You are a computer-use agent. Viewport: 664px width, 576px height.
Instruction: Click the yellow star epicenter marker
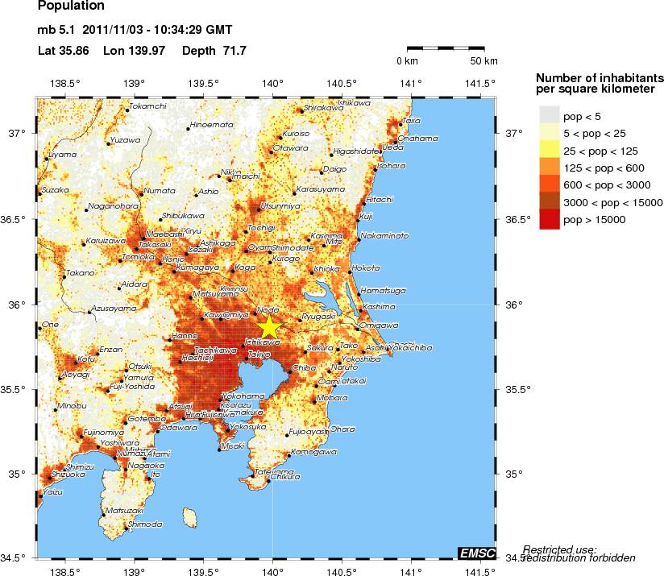coord(269,328)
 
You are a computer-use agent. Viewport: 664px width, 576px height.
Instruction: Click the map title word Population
coord(71,6)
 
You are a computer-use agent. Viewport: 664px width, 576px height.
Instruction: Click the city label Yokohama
coord(243,396)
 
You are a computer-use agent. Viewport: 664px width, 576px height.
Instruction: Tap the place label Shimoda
coord(145,524)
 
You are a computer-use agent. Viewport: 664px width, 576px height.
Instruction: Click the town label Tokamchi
coord(148,106)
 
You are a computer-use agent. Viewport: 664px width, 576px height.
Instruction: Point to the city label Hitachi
coord(379,199)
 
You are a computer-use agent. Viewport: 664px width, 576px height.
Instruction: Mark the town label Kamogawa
coord(313,452)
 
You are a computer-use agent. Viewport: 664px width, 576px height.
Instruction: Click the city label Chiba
coord(304,367)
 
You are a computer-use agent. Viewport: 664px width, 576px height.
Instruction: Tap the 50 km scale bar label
coord(483,61)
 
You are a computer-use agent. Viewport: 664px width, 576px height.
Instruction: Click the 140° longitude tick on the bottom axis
coord(272,571)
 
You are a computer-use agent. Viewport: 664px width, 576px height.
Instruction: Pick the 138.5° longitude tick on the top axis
coord(64,83)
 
